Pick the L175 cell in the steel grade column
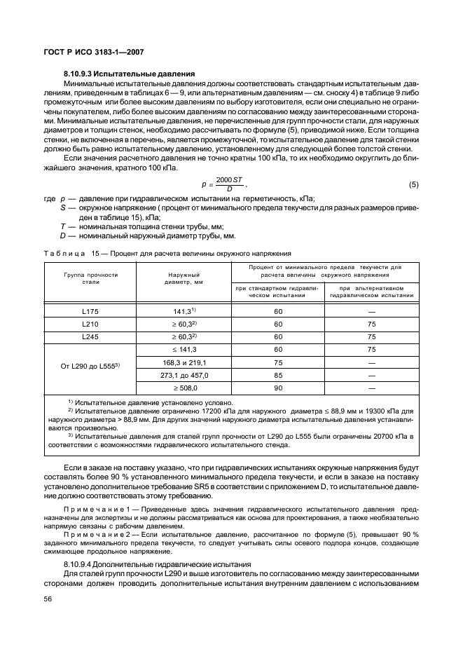[90, 310]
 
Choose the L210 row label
[90, 324]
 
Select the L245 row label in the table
[90, 336]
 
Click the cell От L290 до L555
[90, 368]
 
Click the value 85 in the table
[278, 375]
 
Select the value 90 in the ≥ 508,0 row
[278, 388]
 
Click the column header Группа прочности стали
[90, 279]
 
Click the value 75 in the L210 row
[371, 324]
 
